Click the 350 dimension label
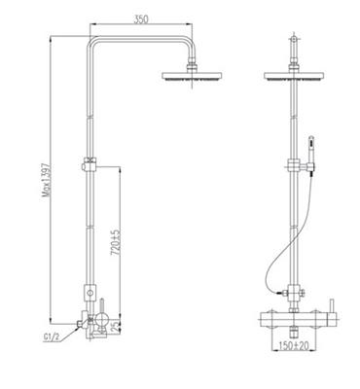click(141, 19)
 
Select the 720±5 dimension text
click(116, 242)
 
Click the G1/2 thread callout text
click(52, 337)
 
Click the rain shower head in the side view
click(192, 76)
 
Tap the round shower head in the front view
click(294, 76)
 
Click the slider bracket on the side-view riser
click(90, 164)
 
